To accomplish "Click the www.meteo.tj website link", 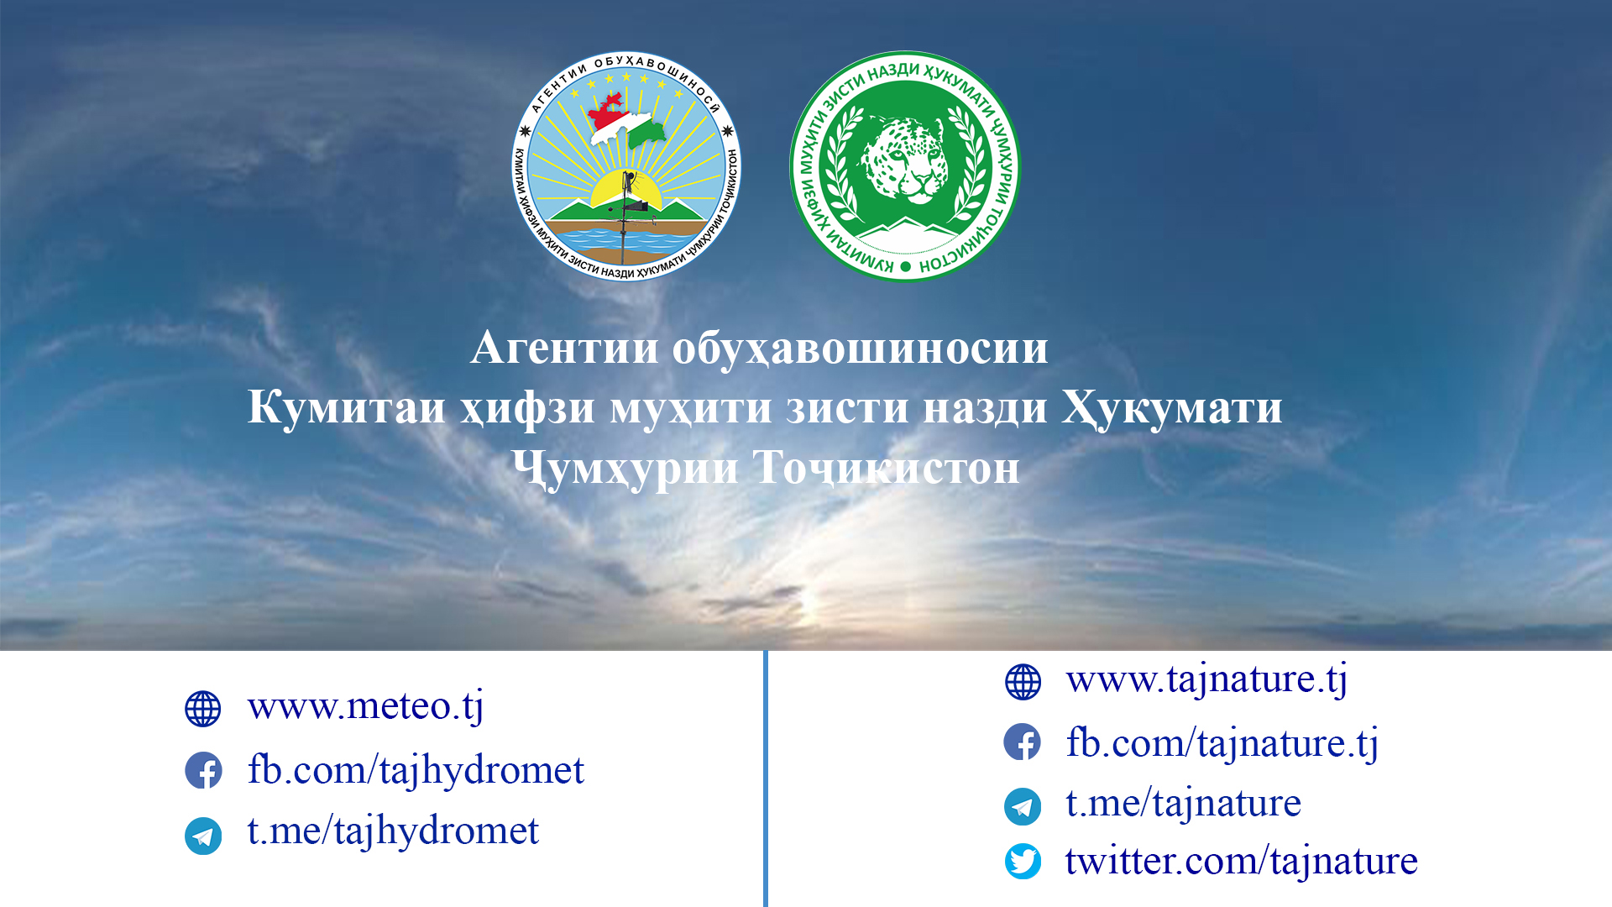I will pyautogui.click(x=365, y=706).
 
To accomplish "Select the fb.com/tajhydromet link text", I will pyautogui.click(x=416, y=770).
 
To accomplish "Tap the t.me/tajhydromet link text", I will pyautogui.click(x=393, y=831).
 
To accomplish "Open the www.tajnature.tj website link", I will pyautogui.click(x=1206, y=679).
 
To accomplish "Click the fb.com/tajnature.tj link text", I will pyautogui.click(x=1222, y=743).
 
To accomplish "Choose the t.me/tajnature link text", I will pyautogui.click(x=1183, y=804).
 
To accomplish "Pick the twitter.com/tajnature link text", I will pyautogui.click(x=1241, y=862).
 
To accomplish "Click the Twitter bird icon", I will pyautogui.click(x=1023, y=862).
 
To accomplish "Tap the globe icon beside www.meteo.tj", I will pyautogui.click(x=203, y=709).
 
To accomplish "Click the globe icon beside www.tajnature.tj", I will pyautogui.click(x=1023, y=682).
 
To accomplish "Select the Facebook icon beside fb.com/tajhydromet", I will pyautogui.click(x=203, y=771).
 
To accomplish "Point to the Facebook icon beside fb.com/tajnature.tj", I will pyautogui.click(x=1023, y=742).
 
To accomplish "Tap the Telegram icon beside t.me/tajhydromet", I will pyautogui.click(x=203, y=836).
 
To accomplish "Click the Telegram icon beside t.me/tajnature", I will pyautogui.click(x=1023, y=807).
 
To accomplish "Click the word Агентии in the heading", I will pyautogui.click(x=564, y=348).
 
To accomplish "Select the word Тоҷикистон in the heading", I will pyautogui.click(x=886, y=468).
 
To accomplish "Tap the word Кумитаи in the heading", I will pyautogui.click(x=346, y=408).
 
